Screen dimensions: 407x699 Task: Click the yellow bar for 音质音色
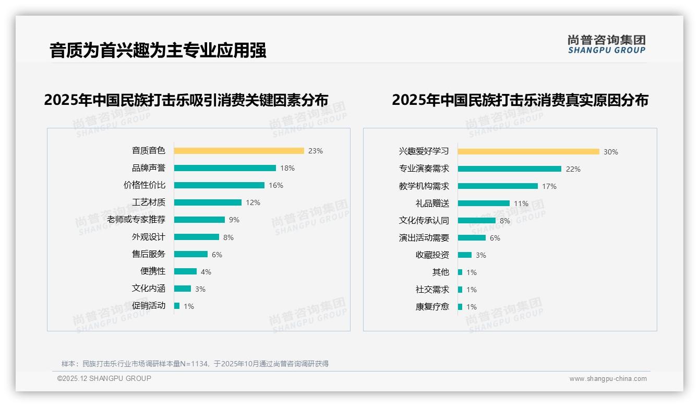pos(239,151)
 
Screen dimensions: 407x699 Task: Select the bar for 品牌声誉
pos(225,168)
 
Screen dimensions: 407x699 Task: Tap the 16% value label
pos(276,185)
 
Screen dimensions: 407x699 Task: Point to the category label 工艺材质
pos(149,202)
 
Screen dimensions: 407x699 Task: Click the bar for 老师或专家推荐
pos(199,220)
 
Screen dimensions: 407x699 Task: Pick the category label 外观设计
pos(149,237)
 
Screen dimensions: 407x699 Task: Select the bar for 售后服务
pos(191,254)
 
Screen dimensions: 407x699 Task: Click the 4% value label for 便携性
pos(206,272)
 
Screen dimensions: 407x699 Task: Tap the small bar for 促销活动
pos(177,306)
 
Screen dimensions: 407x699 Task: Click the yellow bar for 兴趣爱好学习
pos(528,152)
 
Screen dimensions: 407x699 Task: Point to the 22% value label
pos(573,169)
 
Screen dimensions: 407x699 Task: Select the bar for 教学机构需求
pos(498,186)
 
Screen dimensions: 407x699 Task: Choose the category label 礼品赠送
pos(432,203)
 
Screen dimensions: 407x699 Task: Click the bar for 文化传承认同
pos(477,221)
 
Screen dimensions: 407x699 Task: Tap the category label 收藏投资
pos(432,255)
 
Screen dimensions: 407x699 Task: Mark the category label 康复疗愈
pos(432,307)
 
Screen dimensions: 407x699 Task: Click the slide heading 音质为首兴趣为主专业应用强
pos(158,51)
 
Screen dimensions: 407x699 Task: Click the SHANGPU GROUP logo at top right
pos(607,44)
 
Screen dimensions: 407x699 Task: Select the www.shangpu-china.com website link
pos(608,379)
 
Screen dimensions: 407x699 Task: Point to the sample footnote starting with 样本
pos(195,364)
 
